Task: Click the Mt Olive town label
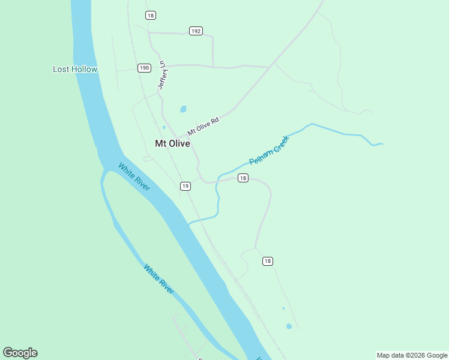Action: click(172, 143)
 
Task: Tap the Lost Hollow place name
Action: click(75, 69)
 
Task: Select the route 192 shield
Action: click(196, 31)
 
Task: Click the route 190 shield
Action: click(144, 68)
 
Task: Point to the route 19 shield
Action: click(185, 186)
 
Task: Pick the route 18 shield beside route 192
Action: click(150, 15)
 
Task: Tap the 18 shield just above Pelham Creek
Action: click(243, 178)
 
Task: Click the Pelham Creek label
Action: click(269, 150)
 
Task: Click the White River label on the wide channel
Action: click(134, 177)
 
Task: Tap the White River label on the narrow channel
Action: click(159, 278)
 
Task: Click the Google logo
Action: click(20, 352)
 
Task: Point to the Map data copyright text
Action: click(412, 355)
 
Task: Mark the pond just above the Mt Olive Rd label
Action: click(183, 109)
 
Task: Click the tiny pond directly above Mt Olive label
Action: click(163, 127)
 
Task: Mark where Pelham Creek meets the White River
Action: click(189, 224)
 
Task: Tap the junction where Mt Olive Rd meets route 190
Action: click(268, 67)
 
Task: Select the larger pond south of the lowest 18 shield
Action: click(289, 326)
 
